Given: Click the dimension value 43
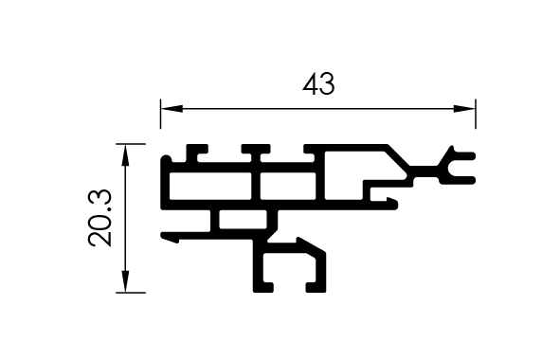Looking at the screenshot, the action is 318,84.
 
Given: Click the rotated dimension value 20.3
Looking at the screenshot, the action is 100,218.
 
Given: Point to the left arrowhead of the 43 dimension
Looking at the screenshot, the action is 172,109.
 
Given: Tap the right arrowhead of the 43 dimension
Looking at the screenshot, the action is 464,109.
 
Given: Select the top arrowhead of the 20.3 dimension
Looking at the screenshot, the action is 125,155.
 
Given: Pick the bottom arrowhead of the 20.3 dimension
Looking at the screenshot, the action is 125,281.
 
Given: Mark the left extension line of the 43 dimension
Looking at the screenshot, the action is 161,114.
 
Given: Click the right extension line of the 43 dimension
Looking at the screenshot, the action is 476,114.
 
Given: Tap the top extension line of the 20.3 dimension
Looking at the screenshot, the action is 131,144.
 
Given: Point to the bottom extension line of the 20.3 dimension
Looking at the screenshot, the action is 131,293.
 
